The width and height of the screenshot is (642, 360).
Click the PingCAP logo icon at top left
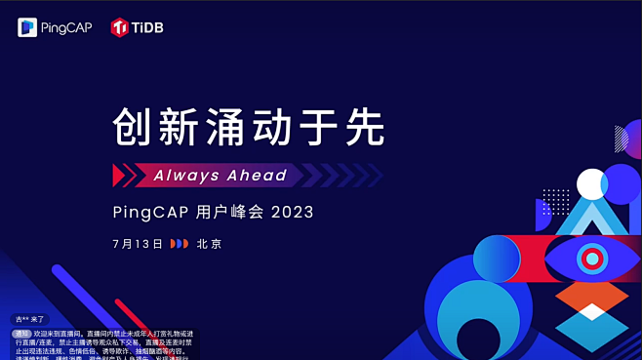[x=27, y=27]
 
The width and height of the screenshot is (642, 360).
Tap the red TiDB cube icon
[x=120, y=27]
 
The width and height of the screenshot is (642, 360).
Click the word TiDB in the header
[x=148, y=28]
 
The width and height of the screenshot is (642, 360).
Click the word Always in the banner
[x=186, y=176]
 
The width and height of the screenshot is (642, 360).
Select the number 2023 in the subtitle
[x=293, y=212]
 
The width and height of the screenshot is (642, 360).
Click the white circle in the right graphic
[x=591, y=183]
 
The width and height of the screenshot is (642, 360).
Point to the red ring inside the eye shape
[x=591, y=259]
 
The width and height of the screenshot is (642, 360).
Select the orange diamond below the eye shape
[x=591, y=296]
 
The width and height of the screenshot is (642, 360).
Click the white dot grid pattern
[x=555, y=201]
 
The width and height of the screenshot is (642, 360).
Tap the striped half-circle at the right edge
[x=622, y=139]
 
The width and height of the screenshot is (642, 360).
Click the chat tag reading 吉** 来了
[x=28, y=319]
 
